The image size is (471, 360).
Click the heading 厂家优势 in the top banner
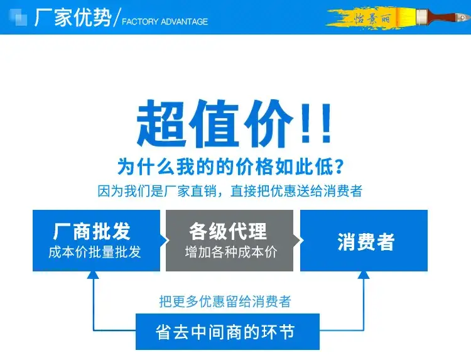73,18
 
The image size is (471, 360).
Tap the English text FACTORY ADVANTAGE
165,21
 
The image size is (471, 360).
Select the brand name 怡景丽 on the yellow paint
372,19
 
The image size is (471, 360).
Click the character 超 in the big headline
160,123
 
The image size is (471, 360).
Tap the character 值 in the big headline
215,123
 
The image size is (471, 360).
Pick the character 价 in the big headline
269,123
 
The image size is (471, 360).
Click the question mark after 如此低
339,166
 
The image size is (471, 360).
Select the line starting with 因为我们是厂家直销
230,191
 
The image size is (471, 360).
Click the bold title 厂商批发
92,231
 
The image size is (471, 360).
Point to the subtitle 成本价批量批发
95,252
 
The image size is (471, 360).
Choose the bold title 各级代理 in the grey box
228,231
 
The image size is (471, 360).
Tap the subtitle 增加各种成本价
231,252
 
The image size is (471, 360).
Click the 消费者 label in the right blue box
366,242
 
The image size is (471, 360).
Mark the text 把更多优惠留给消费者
225,302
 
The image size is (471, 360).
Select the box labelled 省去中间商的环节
227,332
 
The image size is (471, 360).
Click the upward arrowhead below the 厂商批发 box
93,275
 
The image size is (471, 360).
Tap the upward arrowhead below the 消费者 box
364,275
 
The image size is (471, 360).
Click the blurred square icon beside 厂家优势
18,18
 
